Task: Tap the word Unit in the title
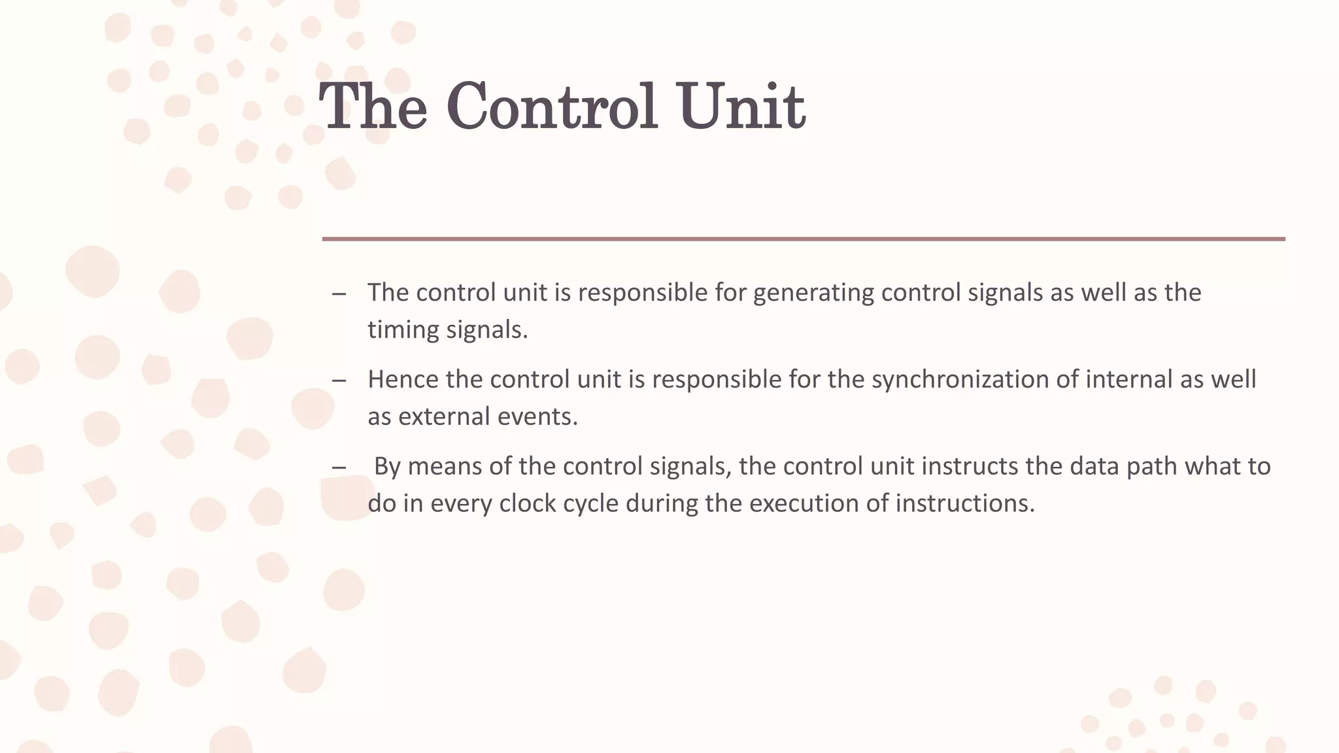click(741, 107)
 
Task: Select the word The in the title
click(373, 107)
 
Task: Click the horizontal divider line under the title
click(804, 239)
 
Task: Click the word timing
click(403, 329)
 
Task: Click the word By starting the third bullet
click(386, 467)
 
